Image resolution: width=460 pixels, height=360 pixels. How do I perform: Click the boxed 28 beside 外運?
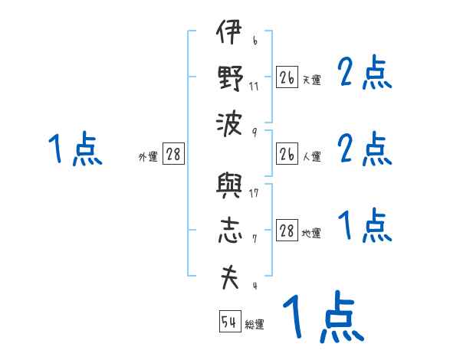173,155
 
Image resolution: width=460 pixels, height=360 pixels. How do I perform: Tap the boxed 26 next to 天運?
287,77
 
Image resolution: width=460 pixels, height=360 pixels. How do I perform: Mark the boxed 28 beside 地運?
287,231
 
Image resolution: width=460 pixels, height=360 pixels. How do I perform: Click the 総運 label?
255,325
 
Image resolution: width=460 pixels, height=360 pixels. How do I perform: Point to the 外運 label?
147,157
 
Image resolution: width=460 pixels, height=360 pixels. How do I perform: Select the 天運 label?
311,80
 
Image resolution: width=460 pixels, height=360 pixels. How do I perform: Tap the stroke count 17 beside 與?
255,193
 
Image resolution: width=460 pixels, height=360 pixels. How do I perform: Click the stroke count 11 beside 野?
255,86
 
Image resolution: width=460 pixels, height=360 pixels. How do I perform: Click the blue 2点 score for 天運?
365,74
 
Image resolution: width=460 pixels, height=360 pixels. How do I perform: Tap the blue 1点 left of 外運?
74,149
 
